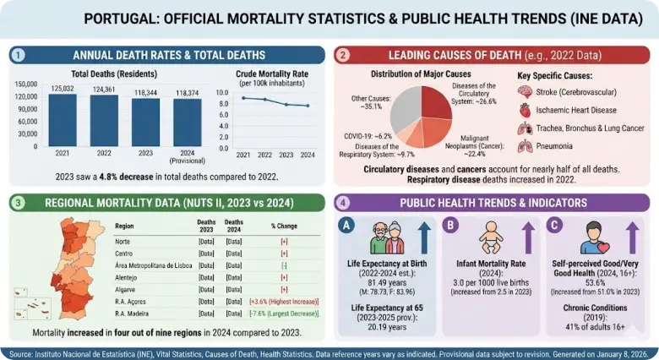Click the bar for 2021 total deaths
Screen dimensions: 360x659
point(63,120)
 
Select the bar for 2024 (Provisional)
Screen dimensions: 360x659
point(188,123)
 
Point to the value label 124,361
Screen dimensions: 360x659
point(104,89)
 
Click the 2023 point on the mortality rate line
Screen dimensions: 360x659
point(287,104)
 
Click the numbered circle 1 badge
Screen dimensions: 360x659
point(18,55)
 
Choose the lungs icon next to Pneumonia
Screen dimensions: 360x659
point(526,146)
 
